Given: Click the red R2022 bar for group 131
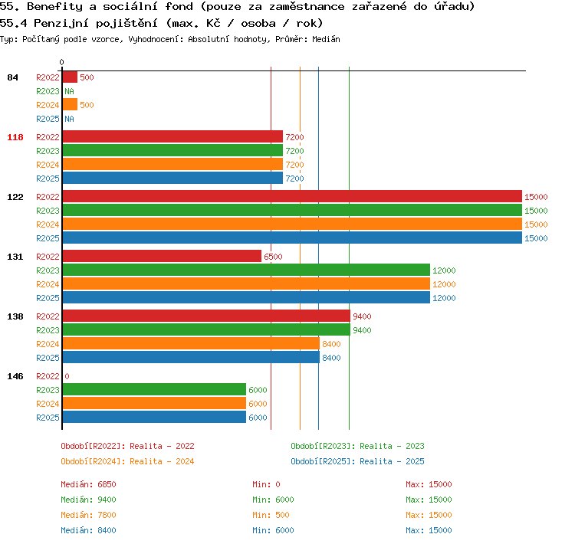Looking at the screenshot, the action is coord(162,256).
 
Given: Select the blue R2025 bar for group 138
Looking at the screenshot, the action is coord(191,357).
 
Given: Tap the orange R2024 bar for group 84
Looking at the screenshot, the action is coord(70,104).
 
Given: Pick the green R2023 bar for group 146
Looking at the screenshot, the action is coord(154,389).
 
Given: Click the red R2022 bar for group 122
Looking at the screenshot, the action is coord(292,196).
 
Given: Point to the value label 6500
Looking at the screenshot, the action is coord(273,257).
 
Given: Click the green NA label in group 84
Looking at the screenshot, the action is coord(69,91).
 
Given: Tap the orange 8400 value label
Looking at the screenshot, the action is coord(331,344).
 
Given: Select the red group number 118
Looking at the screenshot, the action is coord(15,137).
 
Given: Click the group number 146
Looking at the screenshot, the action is coord(15,376).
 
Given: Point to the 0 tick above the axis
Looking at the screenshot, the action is coord(61,62).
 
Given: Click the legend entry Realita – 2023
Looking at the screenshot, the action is coord(357,446).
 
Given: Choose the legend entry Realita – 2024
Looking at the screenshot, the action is coord(127,461).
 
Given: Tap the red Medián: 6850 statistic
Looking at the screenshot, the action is coord(88,484).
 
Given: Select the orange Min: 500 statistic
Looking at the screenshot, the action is coord(271,515).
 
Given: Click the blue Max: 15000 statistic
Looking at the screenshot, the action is coord(429,530).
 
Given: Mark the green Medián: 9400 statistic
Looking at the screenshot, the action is coord(88,500).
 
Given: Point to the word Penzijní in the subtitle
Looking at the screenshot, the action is coord(61,24).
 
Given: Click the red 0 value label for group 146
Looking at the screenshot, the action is coord(67,376).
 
